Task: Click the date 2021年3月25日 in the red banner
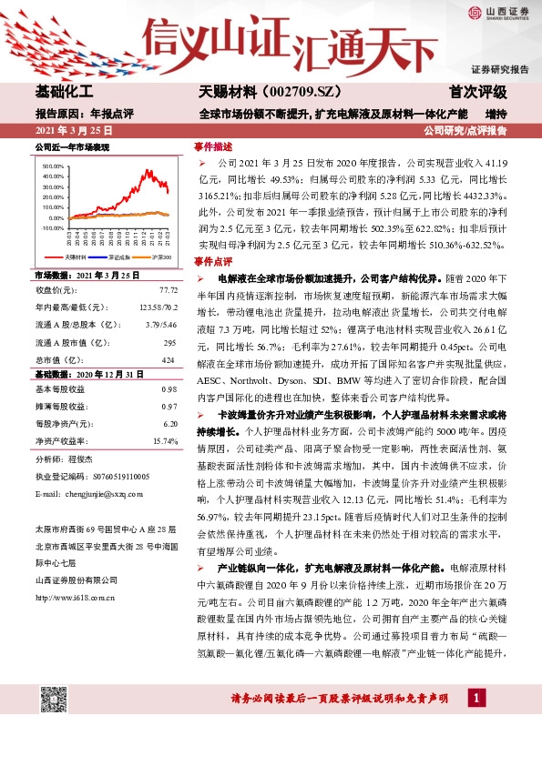click(76, 131)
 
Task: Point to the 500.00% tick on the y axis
click(53, 167)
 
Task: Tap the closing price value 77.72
click(169, 290)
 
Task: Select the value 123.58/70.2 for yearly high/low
click(155, 307)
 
